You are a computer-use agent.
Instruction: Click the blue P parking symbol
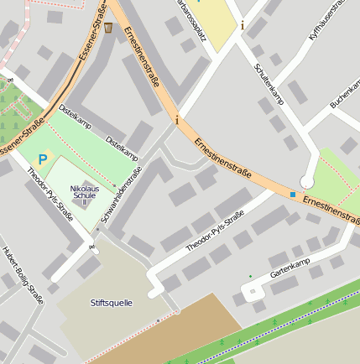43,159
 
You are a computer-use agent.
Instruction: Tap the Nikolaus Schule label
83,192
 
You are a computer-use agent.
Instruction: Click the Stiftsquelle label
111,302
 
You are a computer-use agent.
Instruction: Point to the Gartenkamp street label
290,269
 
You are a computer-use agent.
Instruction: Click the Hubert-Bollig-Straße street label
23,272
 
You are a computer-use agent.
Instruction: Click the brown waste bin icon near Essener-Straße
109,28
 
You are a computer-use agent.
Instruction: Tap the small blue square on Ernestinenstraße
292,195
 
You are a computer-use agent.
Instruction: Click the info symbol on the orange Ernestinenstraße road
177,121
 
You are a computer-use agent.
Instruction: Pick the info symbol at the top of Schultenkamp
243,25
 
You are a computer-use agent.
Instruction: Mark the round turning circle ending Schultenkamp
307,181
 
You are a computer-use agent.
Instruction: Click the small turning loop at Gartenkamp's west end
249,290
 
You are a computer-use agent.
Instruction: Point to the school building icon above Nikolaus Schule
84,178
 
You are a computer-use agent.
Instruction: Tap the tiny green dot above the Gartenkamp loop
249,276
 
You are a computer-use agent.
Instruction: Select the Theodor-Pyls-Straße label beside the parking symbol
50,195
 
